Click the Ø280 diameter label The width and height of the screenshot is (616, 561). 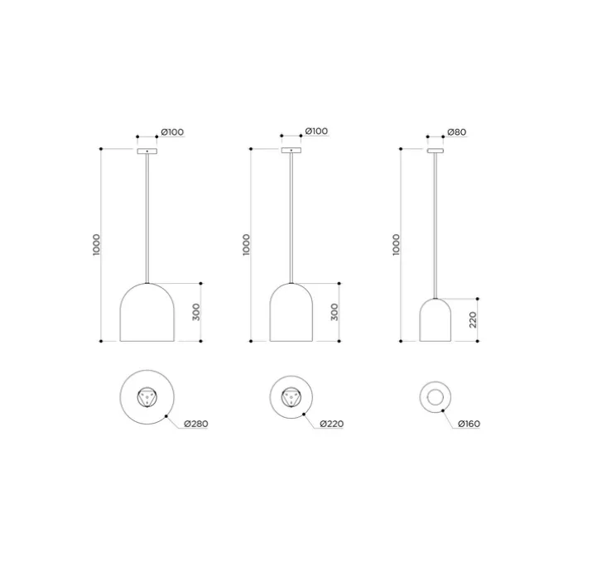(x=196, y=424)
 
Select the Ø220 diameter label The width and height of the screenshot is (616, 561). (x=331, y=424)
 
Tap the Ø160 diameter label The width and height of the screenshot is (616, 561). (x=469, y=424)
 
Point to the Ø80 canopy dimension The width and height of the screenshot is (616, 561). (x=457, y=132)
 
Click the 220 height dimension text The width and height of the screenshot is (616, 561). (x=473, y=320)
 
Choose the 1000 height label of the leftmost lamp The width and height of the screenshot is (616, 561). (x=97, y=245)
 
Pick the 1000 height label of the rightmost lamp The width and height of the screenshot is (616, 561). (x=396, y=245)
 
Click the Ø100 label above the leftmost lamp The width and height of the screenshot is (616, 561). (x=172, y=132)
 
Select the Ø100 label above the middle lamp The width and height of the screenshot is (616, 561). (x=316, y=131)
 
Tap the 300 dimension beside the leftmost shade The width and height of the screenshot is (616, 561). (x=196, y=312)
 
